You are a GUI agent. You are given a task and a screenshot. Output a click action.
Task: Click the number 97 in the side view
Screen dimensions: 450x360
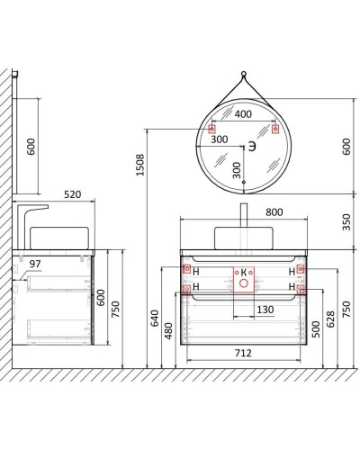coord(36,262)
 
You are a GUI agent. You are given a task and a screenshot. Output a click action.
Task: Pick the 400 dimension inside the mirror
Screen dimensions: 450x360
coord(243,115)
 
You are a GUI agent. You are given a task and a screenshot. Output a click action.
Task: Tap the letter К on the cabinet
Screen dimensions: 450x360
coord(242,271)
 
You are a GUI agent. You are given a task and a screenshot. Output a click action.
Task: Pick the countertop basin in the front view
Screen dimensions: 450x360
coord(243,237)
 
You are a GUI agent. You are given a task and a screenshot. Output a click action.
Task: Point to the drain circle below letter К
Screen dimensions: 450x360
coord(243,283)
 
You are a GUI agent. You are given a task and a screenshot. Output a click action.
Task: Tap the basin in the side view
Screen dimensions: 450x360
coord(61,237)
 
